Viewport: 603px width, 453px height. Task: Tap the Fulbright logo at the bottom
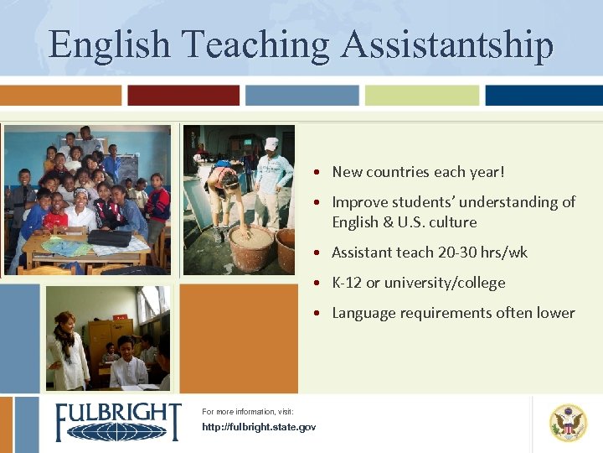(x=117, y=421)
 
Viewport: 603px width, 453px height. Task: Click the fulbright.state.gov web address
(x=259, y=428)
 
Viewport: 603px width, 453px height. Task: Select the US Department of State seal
(x=568, y=422)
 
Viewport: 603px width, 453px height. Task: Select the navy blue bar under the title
(x=544, y=96)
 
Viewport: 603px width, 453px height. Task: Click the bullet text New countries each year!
(x=418, y=172)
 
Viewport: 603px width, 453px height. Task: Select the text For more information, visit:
(x=247, y=412)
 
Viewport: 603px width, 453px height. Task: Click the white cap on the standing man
(x=271, y=143)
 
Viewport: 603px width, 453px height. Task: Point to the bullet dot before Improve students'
(x=320, y=203)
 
